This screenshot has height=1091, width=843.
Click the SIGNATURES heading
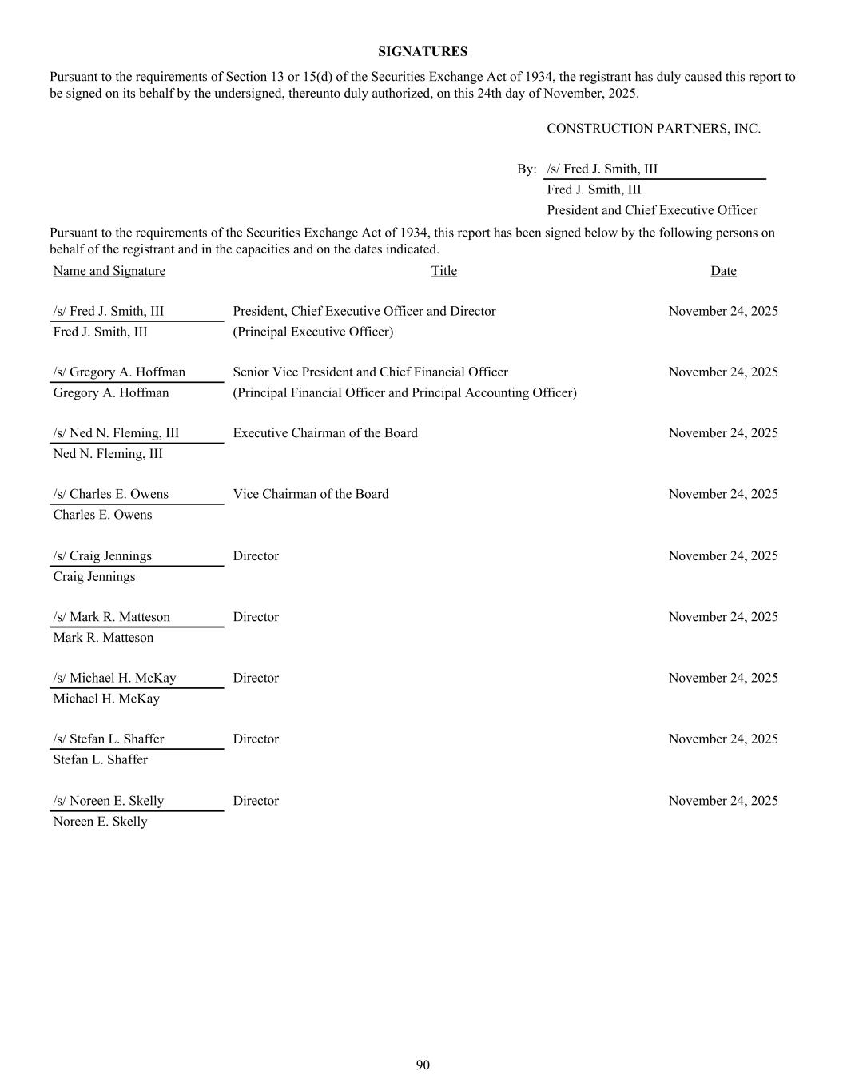[x=423, y=52]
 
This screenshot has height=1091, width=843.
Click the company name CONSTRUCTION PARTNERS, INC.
[x=653, y=129]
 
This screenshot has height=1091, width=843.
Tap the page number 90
[x=423, y=1065]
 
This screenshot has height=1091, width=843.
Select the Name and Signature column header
[x=109, y=271]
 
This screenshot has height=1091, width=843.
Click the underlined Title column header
[x=443, y=271]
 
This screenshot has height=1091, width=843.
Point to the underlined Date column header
[x=722, y=271]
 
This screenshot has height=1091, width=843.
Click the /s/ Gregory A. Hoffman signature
[x=119, y=372]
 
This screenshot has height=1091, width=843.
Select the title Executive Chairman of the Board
[x=324, y=433]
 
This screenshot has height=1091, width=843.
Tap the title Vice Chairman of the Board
[x=310, y=494]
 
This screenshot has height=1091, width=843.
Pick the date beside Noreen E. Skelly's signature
[x=722, y=801]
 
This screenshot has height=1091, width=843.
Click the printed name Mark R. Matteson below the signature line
[x=103, y=638]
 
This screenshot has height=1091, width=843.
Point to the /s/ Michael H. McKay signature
[x=114, y=678]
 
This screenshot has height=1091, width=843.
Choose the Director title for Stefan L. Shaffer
[x=256, y=739]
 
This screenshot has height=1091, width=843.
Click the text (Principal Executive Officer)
[x=312, y=332]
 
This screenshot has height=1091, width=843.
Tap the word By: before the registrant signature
[x=526, y=169]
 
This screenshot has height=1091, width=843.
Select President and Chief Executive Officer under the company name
[x=651, y=210]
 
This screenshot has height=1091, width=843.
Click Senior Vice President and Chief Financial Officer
[x=370, y=372]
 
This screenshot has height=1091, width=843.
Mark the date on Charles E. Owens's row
[x=722, y=494]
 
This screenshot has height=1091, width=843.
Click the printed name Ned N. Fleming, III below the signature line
[x=108, y=454]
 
